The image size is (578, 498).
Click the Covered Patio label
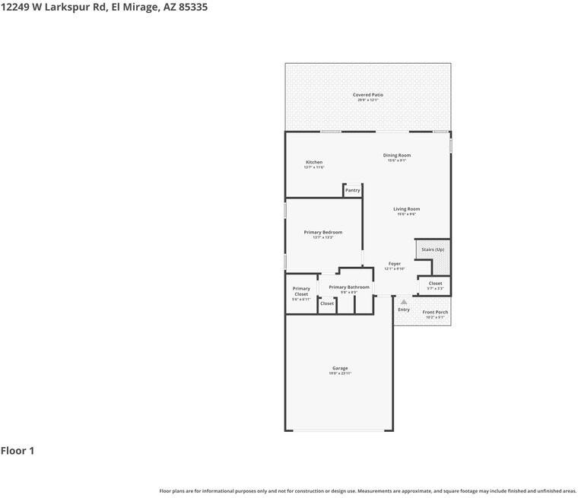coord(367,95)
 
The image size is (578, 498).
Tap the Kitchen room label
coord(314,162)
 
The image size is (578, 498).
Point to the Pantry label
coord(352,190)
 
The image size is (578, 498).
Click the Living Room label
coord(406,209)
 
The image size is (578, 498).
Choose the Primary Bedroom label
coord(322,232)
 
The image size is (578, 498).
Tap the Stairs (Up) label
coord(433,249)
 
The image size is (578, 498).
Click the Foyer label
coord(394,264)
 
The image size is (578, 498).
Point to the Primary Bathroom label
coord(349,287)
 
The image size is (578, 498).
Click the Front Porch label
coord(435,312)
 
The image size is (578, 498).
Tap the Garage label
coord(340,368)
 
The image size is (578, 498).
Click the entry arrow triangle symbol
coord(404,302)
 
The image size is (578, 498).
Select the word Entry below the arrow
coord(404,309)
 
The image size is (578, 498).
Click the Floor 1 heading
coord(17,451)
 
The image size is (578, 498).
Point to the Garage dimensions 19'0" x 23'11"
coord(340,373)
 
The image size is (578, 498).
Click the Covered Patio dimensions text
coord(367,100)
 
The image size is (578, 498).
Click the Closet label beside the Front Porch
coord(435,283)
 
